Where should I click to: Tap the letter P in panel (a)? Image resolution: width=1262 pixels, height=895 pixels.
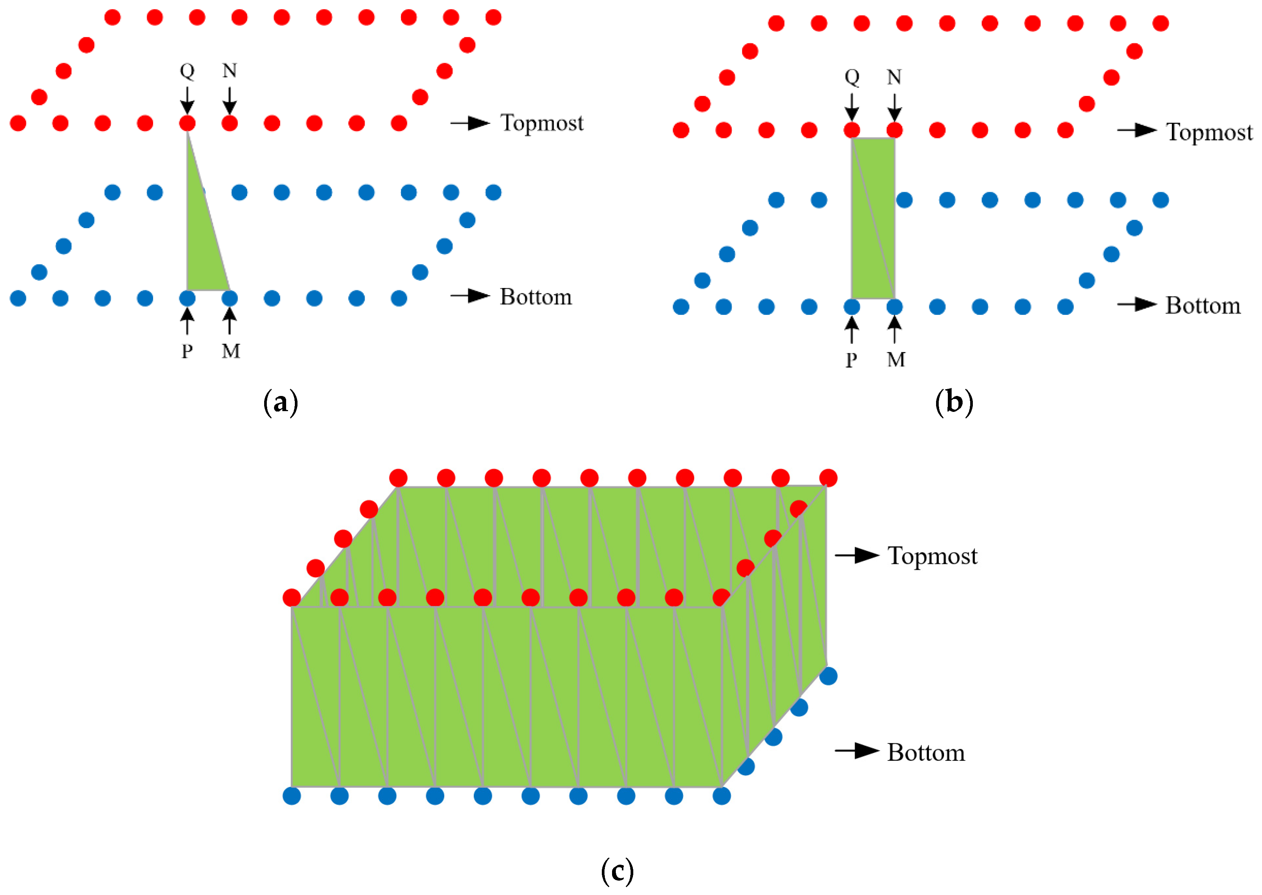(187, 351)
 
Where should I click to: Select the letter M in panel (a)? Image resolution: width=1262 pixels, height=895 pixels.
(231, 351)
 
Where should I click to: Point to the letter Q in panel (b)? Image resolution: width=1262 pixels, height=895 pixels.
(852, 77)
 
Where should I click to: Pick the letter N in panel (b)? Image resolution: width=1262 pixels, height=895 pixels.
(894, 77)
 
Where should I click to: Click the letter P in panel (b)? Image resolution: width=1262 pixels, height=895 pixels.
(852, 360)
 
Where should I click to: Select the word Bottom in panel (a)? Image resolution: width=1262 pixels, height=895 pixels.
(535, 297)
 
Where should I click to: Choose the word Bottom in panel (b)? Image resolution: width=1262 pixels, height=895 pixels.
(1203, 306)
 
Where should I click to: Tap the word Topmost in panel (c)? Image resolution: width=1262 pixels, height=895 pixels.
(932, 556)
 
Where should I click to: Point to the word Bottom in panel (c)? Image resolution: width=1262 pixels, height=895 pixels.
(926, 753)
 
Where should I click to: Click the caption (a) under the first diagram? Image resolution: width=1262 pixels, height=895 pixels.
(281, 403)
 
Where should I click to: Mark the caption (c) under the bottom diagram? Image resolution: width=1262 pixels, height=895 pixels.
(617, 871)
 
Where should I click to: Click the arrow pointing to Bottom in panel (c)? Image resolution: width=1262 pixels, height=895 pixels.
(857, 751)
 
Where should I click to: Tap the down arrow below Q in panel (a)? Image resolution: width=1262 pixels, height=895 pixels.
(187, 100)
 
